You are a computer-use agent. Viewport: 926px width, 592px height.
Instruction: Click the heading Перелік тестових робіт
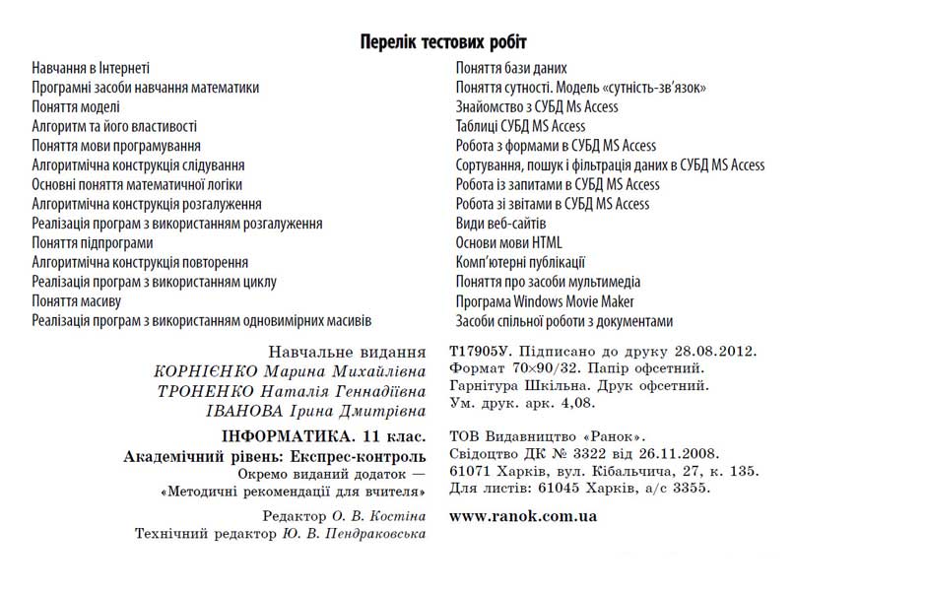(x=443, y=42)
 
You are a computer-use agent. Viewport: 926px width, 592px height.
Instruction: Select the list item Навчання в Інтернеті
(x=91, y=69)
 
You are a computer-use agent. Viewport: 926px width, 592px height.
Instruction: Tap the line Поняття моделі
(x=76, y=107)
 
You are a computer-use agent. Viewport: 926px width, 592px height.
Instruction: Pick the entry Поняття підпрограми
(x=93, y=243)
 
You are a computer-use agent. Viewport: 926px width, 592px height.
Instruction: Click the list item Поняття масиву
(x=76, y=301)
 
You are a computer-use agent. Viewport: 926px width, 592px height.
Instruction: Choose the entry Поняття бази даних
(x=511, y=69)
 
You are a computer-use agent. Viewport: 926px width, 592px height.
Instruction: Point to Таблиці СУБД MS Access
(x=520, y=126)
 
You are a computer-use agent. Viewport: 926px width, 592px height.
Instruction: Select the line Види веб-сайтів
(x=501, y=224)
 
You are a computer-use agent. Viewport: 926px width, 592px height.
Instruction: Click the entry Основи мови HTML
(x=509, y=243)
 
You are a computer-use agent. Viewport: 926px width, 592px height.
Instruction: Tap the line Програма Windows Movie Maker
(x=545, y=301)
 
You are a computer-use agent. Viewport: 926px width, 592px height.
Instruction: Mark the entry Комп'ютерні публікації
(x=520, y=262)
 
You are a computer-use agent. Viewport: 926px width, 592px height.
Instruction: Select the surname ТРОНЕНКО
(x=205, y=391)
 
